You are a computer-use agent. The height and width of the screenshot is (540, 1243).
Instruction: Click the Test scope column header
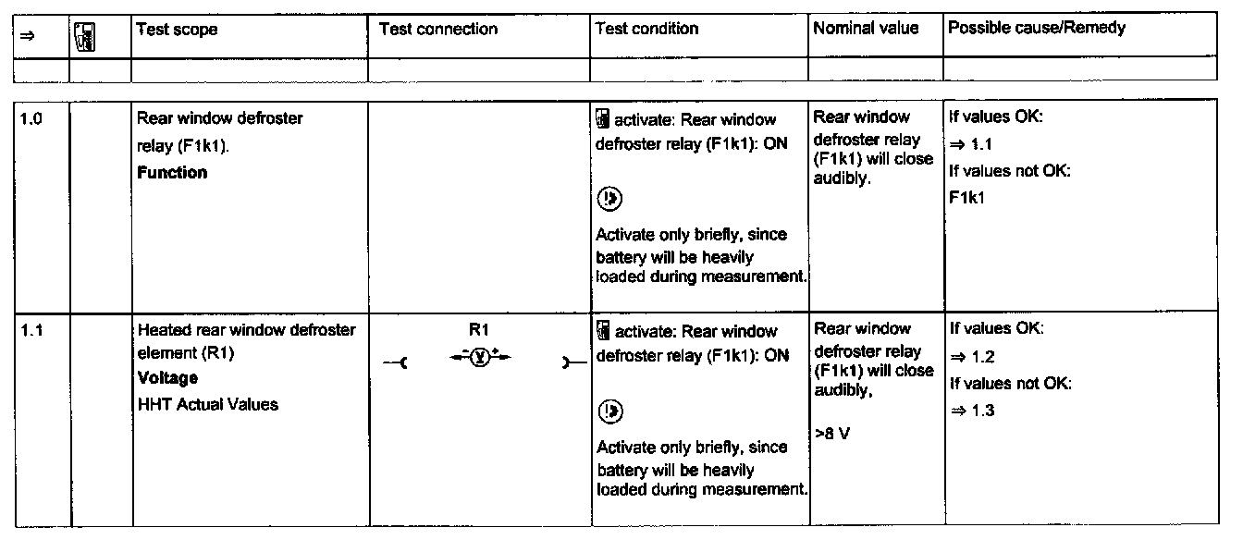pos(177,30)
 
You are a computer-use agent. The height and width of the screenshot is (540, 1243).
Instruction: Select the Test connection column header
pos(437,30)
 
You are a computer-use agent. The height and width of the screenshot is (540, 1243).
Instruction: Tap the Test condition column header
pos(646,29)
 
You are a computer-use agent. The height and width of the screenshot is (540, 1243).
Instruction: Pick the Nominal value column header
pos(866,29)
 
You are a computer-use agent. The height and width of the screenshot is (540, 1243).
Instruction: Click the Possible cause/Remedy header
pos(1036,29)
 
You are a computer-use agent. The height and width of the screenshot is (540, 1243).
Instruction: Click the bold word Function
pos(172,173)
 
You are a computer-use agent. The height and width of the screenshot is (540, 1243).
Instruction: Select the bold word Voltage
pos(167,378)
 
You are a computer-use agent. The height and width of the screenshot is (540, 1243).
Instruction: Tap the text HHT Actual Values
pos(208,404)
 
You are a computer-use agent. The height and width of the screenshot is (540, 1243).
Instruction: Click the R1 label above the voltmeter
pos(479,328)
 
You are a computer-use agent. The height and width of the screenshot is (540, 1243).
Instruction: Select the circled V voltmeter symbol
pos(479,353)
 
